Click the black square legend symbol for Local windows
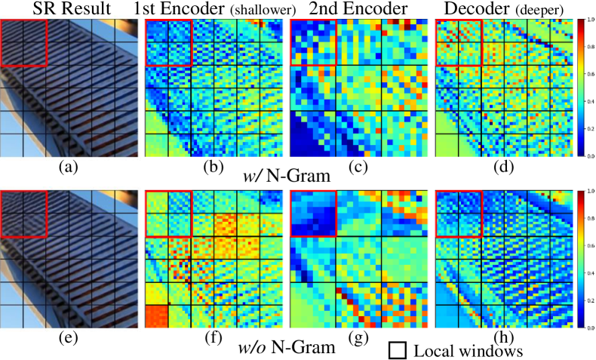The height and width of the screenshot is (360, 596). coord(399,350)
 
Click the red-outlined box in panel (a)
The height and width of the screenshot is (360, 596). coord(23,42)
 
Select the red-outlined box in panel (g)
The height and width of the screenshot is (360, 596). coord(314,214)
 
